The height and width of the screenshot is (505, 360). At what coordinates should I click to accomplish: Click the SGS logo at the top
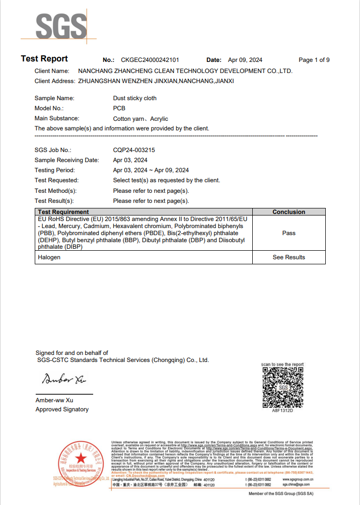point(59,26)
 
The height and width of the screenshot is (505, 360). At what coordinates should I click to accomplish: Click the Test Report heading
point(44,59)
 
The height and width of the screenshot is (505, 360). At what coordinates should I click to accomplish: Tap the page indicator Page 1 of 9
point(314,60)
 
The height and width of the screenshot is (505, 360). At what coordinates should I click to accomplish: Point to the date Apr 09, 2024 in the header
point(245,60)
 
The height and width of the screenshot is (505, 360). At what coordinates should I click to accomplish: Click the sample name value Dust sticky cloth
point(135,98)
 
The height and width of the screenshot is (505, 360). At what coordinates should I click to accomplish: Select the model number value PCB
point(119,108)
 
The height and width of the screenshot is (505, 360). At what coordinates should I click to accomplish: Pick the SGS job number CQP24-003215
point(134,150)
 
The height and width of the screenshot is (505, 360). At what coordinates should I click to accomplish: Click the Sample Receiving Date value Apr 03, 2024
point(130,160)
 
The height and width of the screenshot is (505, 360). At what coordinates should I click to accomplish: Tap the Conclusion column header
point(289,212)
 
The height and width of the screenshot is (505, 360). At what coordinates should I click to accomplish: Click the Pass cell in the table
point(289,233)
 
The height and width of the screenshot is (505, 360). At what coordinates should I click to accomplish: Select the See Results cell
point(289,257)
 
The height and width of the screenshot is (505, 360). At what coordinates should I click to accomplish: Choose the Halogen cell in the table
point(49,257)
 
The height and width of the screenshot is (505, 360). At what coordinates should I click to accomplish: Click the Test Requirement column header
point(63,212)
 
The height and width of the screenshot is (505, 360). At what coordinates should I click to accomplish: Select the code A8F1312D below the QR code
point(282,411)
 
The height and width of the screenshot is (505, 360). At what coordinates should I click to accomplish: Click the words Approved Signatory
point(62,409)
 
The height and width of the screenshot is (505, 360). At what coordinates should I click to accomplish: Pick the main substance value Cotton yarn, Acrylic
point(140,119)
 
